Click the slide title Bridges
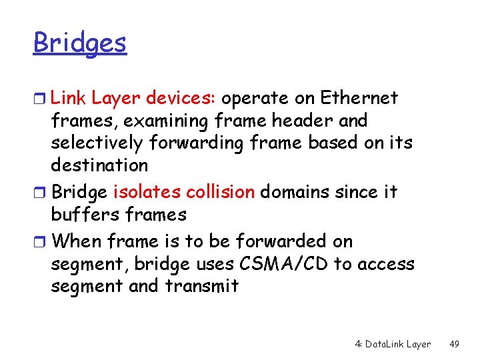79,43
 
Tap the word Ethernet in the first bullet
359,98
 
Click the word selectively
97,143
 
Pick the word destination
99,165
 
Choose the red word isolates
144,192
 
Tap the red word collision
218,192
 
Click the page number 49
454,344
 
